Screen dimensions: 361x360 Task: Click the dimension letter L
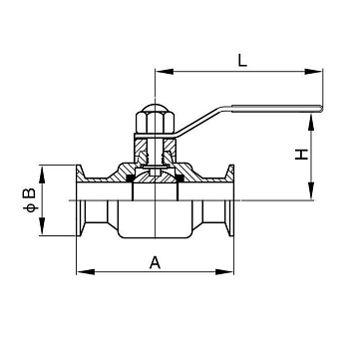(242, 60)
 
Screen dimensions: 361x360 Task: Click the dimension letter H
(301, 155)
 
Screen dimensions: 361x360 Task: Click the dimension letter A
(155, 262)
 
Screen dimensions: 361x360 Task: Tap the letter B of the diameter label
(29, 193)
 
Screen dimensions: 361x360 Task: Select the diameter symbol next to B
(30, 208)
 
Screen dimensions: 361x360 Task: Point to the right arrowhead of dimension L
(313, 72)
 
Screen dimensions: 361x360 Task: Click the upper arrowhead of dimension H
(311, 123)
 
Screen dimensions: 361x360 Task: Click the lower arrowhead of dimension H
(311, 191)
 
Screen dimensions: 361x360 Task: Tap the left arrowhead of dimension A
(86, 272)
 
